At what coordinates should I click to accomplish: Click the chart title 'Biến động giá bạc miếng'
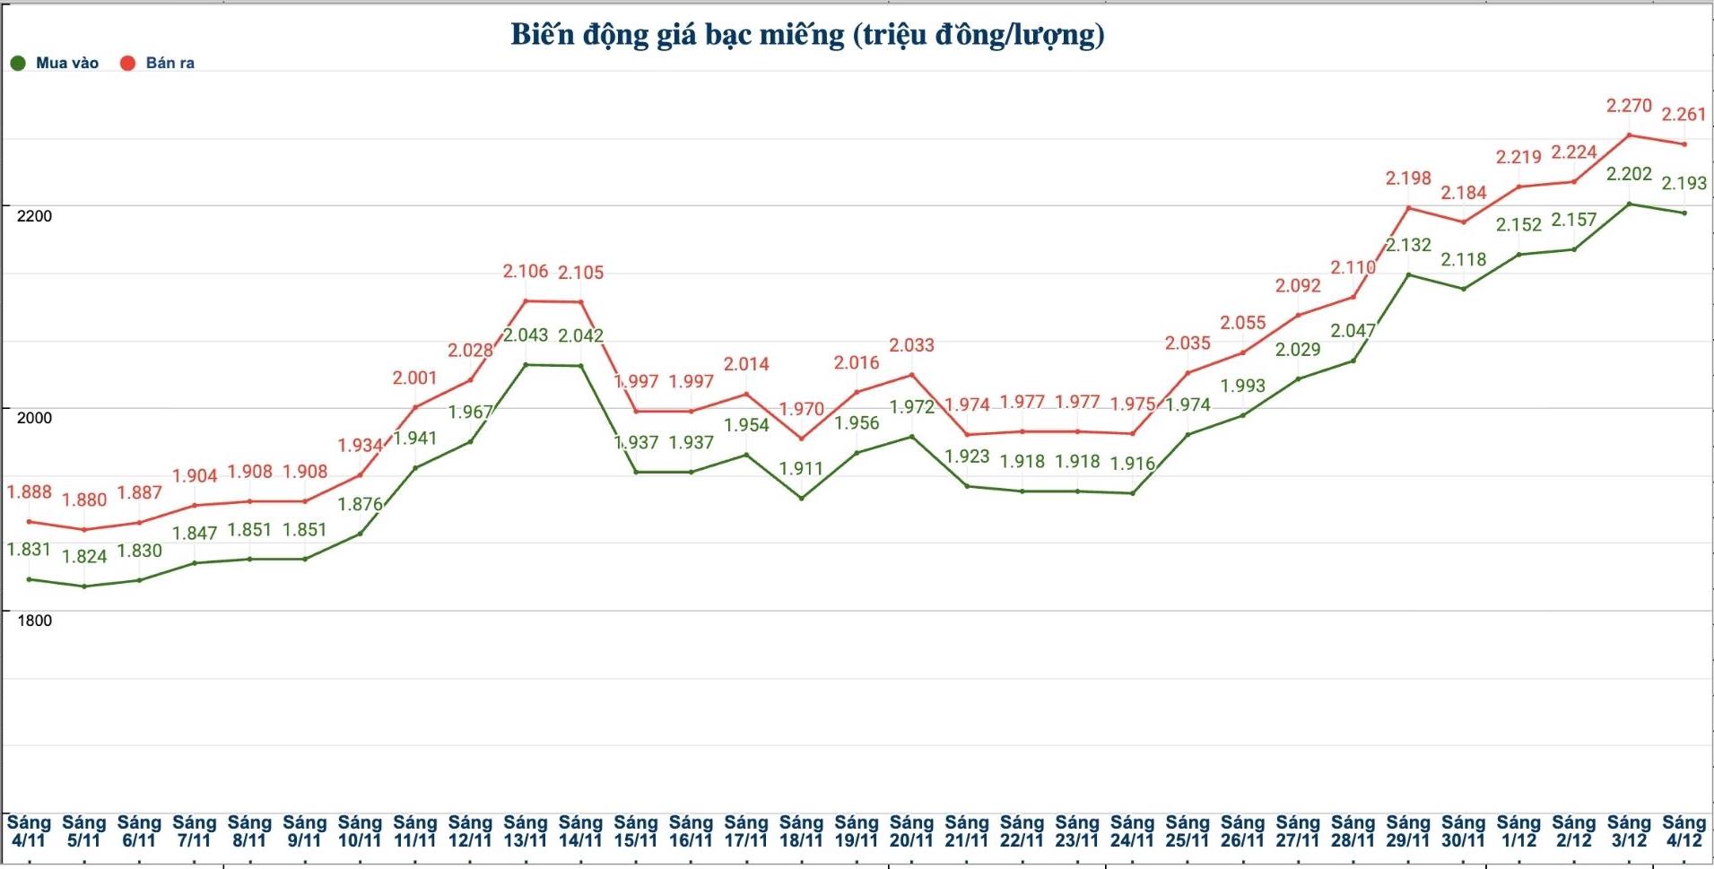(x=807, y=35)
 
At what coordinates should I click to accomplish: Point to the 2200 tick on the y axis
(x=34, y=215)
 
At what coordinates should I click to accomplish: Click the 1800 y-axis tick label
(x=34, y=620)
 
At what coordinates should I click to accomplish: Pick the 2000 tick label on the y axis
(x=34, y=417)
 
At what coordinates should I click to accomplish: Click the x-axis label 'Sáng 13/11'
(x=526, y=831)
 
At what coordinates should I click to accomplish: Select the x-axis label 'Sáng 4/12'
(x=1684, y=831)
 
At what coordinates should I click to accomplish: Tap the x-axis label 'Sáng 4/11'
(x=29, y=831)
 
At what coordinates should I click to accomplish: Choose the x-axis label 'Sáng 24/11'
(x=1132, y=831)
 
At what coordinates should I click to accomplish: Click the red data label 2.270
(x=1629, y=106)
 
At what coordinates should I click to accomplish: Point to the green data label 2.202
(x=1629, y=174)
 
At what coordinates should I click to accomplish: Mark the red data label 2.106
(x=526, y=272)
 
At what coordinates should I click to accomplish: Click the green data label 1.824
(x=84, y=556)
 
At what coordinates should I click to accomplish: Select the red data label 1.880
(x=84, y=500)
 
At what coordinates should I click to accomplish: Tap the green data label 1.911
(x=801, y=468)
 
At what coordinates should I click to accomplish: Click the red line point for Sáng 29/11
(x=1408, y=208)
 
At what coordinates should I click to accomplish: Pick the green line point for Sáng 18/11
(x=801, y=498)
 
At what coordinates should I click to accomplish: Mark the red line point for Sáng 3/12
(x=1629, y=135)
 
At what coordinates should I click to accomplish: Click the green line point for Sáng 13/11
(x=526, y=365)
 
